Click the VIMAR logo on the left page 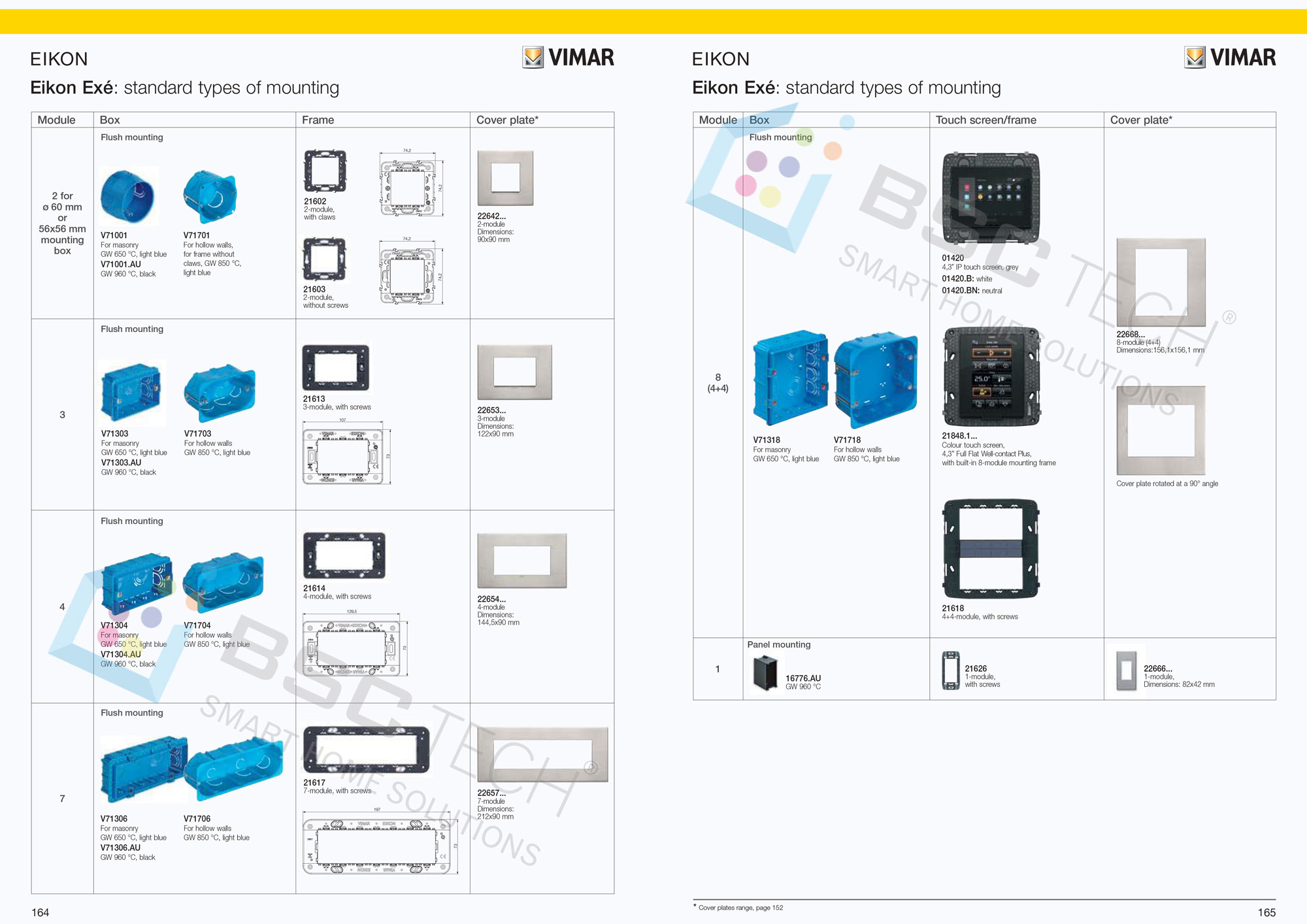click(x=569, y=58)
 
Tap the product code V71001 click(x=114, y=235)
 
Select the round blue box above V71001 click(x=129, y=196)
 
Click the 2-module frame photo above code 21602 click(x=325, y=171)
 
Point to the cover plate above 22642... click(x=505, y=178)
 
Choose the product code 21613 click(x=314, y=399)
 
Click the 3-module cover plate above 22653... click(x=515, y=372)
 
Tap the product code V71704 click(x=197, y=625)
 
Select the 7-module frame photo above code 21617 click(x=367, y=749)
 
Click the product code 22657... click(x=491, y=793)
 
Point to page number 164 click(x=41, y=912)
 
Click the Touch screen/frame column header click(x=985, y=120)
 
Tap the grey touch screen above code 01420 click(x=991, y=198)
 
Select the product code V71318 click(x=767, y=440)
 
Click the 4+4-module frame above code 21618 click(x=991, y=549)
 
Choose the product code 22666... click(x=1158, y=668)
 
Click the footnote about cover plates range click(x=740, y=908)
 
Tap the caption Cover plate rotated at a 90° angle click(x=1167, y=484)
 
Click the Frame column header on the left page click(x=318, y=120)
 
